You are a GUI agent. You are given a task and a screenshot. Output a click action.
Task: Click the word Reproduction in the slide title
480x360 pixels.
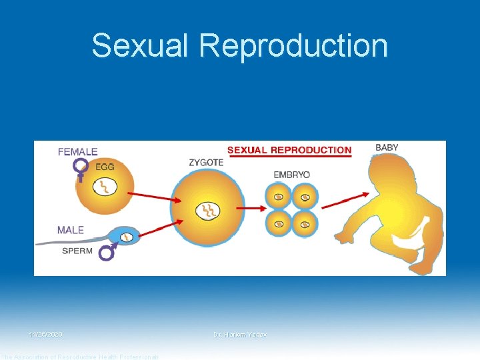click(293, 46)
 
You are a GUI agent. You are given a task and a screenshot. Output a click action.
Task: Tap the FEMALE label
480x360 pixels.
click(77, 152)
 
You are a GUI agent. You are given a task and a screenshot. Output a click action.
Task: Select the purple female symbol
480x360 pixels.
click(81, 169)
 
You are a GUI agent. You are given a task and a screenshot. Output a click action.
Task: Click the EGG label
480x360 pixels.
click(105, 166)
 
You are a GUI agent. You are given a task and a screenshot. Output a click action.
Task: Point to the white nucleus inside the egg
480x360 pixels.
click(105, 187)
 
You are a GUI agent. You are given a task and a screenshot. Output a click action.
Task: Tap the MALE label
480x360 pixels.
click(71, 230)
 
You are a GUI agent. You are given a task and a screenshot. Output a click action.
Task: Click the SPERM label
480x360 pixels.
click(78, 251)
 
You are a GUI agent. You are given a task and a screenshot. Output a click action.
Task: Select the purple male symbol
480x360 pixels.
click(107, 251)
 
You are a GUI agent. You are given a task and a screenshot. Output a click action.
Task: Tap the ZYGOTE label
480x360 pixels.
click(205, 162)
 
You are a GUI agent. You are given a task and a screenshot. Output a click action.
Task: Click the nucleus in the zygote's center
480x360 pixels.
click(207, 211)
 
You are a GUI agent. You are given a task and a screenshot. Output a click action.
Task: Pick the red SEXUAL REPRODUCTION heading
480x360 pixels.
click(289, 150)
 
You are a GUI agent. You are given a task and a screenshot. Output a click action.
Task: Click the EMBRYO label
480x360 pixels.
click(292, 175)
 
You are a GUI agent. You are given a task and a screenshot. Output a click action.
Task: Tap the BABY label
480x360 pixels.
click(387, 147)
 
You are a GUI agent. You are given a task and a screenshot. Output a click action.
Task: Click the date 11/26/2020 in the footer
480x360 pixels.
click(46, 334)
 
